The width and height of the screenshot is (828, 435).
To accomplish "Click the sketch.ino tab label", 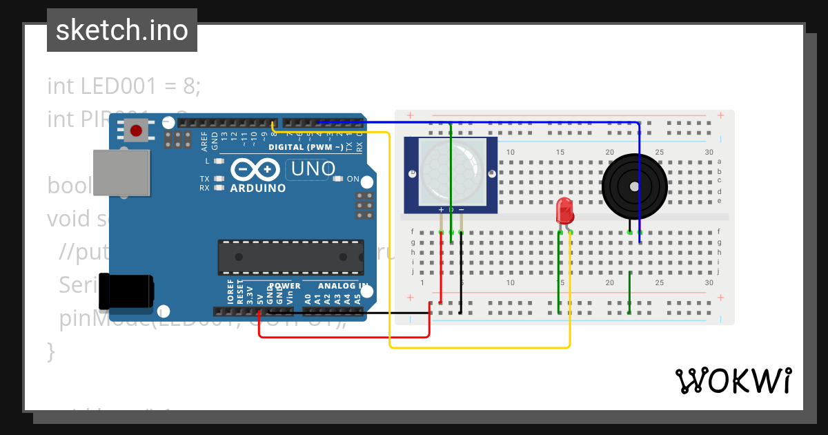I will pyautogui.click(x=122, y=30).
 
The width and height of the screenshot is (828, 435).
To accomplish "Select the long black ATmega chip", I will pyautogui.click(x=290, y=256).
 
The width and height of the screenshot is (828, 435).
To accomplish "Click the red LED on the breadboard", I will pyautogui.click(x=564, y=211).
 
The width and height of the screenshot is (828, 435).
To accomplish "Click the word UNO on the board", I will pyautogui.click(x=313, y=168).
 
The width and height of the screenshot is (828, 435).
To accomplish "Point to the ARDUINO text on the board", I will pyautogui.click(x=257, y=188).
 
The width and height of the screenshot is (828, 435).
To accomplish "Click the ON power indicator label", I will pyautogui.click(x=353, y=179).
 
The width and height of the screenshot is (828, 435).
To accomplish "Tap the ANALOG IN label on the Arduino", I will pyautogui.click(x=343, y=286).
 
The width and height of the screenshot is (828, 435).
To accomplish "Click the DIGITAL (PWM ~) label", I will pyautogui.click(x=306, y=147).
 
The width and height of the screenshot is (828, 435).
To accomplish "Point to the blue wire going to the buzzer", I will pyautogui.click(x=639, y=173).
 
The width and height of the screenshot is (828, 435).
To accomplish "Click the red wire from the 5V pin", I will pyautogui.click(x=345, y=337).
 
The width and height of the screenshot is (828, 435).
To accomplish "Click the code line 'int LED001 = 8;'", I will pyautogui.click(x=124, y=86).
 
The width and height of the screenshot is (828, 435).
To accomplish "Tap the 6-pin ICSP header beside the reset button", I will pyautogui.click(x=177, y=140).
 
